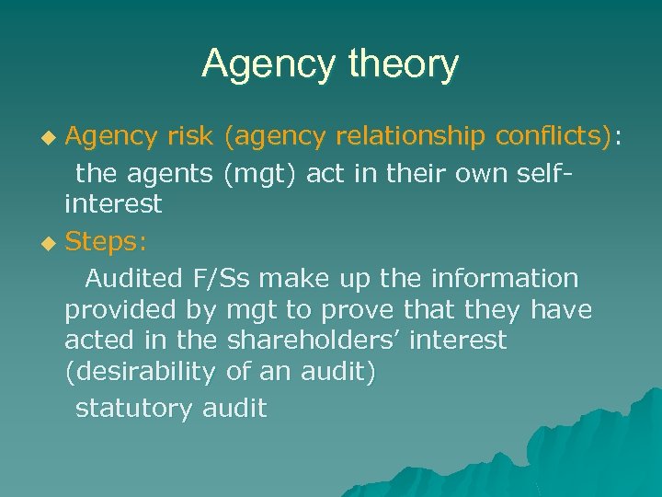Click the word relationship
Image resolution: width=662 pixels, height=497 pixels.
[411, 137]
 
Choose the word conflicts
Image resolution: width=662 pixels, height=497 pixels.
[553, 137]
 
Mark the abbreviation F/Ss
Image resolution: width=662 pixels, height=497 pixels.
[226, 277]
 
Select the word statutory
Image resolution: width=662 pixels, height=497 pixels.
[133, 408]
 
